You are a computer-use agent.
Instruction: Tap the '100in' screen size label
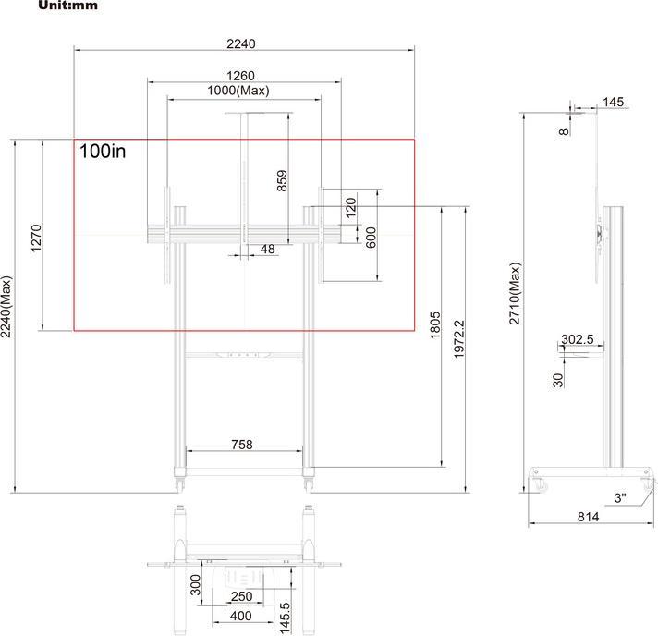[x=103, y=152]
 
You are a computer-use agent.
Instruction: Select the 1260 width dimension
[x=240, y=75]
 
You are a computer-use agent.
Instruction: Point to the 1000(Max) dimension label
[x=238, y=91]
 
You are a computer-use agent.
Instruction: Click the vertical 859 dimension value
[x=283, y=180]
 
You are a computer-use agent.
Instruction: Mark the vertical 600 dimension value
[x=371, y=237]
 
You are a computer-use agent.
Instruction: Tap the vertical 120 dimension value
[x=351, y=206]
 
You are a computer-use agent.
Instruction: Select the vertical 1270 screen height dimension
[x=36, y=238]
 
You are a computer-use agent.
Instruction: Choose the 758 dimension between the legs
[x=241, y=445]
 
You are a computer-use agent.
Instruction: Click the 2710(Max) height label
[x=515, y=292]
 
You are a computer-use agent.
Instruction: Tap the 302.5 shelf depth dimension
[x=578, y=339]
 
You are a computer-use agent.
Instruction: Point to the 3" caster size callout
[x=620, y=497]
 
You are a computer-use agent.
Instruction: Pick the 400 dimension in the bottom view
[x=240, y=616]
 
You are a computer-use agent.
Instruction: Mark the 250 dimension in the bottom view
[x=241, y=596]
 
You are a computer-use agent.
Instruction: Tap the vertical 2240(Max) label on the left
[x=6, y=307]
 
